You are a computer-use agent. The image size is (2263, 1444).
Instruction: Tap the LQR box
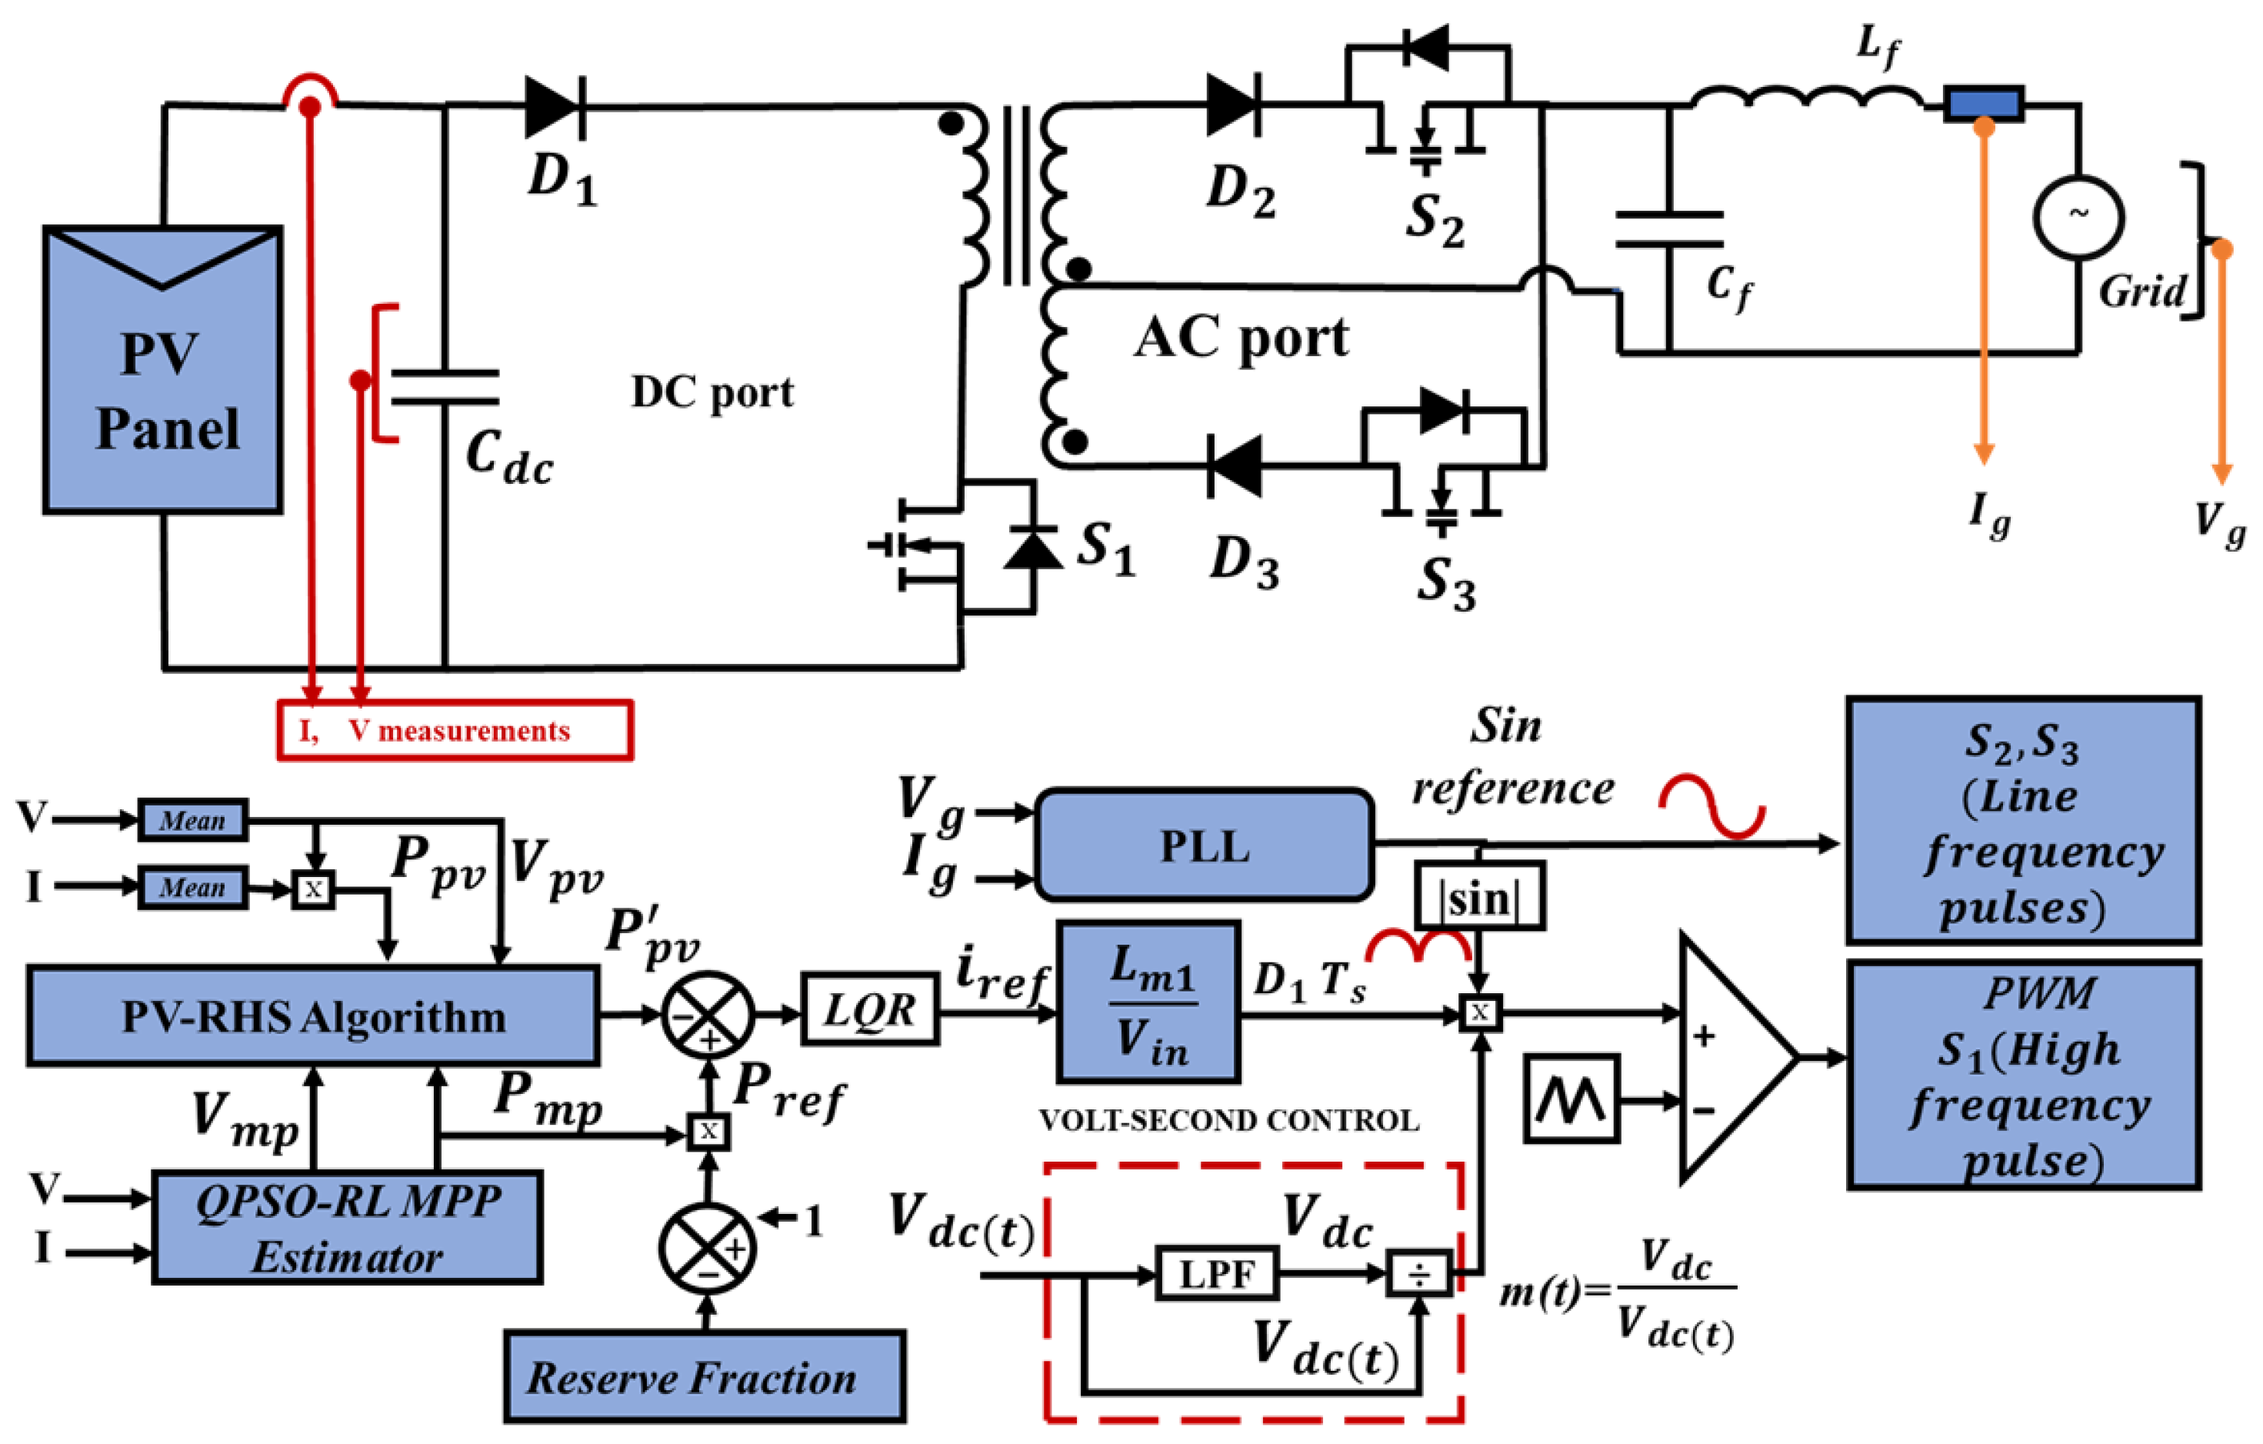[x=869, y=1011]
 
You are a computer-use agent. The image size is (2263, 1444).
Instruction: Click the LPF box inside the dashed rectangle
[x=1216, y=1274]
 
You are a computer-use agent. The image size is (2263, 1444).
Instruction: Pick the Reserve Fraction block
[x=705, y=1376]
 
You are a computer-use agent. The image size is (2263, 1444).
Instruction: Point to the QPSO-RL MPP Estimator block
[x=347, y=1228]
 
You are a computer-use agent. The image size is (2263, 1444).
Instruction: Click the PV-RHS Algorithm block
[x=313, y=1016]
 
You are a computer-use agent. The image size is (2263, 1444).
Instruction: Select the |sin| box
[x=1479, y=896]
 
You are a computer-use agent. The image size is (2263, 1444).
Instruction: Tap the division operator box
[x=1419, y=1275]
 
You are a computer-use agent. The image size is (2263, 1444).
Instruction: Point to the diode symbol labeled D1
[x=555, y=106]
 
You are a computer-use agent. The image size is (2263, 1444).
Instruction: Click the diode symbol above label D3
[x=1234, y=466]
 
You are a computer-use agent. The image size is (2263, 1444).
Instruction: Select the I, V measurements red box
[x=455, y=730]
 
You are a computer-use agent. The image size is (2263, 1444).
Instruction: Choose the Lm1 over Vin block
[x=1148, y=1002]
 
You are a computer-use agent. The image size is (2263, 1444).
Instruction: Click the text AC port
[x=1241, y=338]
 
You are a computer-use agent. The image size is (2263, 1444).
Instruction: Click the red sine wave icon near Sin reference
[x=1711, y=805]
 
